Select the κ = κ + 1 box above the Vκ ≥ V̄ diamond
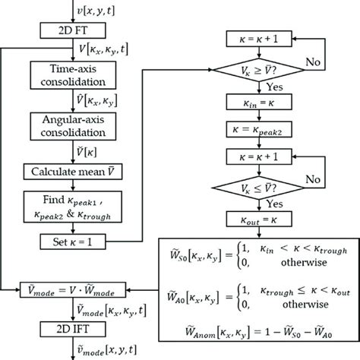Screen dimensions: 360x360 [263, 36]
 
